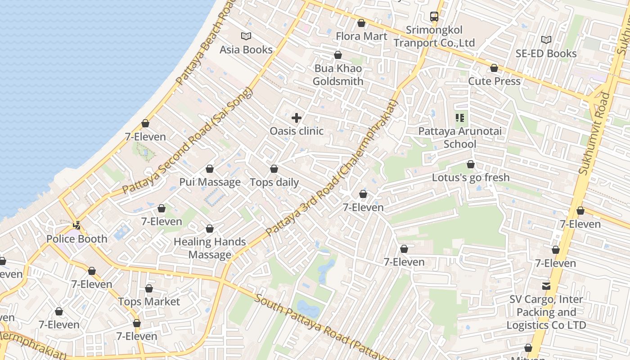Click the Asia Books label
pyautogui.click(x=246, y=49)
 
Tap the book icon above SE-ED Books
pyautogui.click(x=546, y=40)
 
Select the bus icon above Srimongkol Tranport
pyautogui.click(x=434, y=17)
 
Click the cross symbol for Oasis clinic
pyautogui.click(x=297, y=118)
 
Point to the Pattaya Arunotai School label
pyautogui.click(x=460, y=138)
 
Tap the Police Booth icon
pyautogui.click(x=77, y=225)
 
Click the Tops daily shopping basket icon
pyautogui.click(x=274, y=169)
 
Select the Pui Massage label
pyautogui.click(x=210, y=182)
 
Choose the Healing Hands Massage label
pyautogui.click(x=210, y=248)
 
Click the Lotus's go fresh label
pyautogui.click(x=471, y=177)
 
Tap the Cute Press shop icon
pyautogui.click(x=494, y=68)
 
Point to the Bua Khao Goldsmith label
pyautogui.click(x=338, y=75)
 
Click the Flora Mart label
pyautogui.click(x=361, y=36)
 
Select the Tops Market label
pyautogui.click(x=149, y=301)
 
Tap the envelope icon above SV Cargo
pyautogui.click(x=546, y=286)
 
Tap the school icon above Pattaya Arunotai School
pyautogui.click(x=460, y=118)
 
